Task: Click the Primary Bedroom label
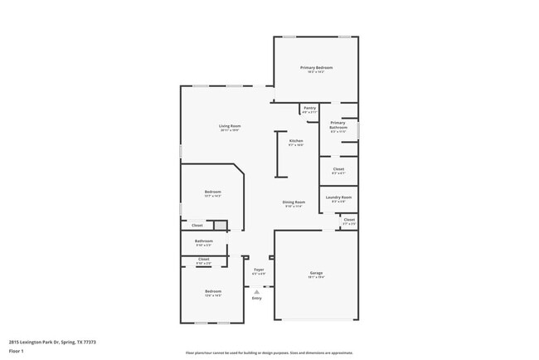click(316, 67)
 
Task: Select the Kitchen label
click(296, 140)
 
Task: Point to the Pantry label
click(309, 108)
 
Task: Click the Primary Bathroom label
click(337, 124)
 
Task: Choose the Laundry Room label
click(338, 197)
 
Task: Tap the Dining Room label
click(294, 202)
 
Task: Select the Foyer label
click(259, 270)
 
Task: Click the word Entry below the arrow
click(257, 298)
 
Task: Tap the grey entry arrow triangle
click(257, 291)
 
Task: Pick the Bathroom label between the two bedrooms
click(204, 241)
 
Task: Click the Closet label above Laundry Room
click(338, 169)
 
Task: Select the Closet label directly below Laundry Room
click(349, 220)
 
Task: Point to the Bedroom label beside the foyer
click(213, 291)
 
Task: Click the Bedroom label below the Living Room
click(213, 192)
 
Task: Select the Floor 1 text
click(16, 351)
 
